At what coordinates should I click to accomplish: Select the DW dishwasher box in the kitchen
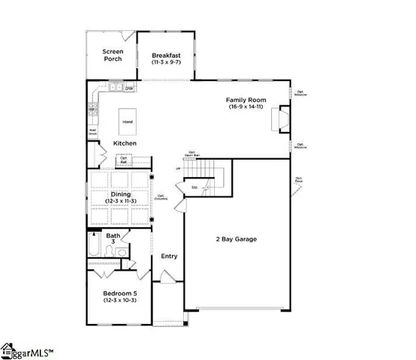pos(129,88)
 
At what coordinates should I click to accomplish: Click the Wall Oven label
pos(92,131)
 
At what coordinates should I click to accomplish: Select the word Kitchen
pos(125,142)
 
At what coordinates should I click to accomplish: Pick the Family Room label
pos(246,99)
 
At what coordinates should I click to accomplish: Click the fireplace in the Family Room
pos(282,119)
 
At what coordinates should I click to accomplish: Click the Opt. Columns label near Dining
pos(161,199)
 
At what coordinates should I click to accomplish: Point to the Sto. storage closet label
pos(194,186)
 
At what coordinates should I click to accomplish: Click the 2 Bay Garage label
pos(236,239)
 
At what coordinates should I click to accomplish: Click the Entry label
pos(169,256)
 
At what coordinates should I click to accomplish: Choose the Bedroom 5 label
pos(119,293)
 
